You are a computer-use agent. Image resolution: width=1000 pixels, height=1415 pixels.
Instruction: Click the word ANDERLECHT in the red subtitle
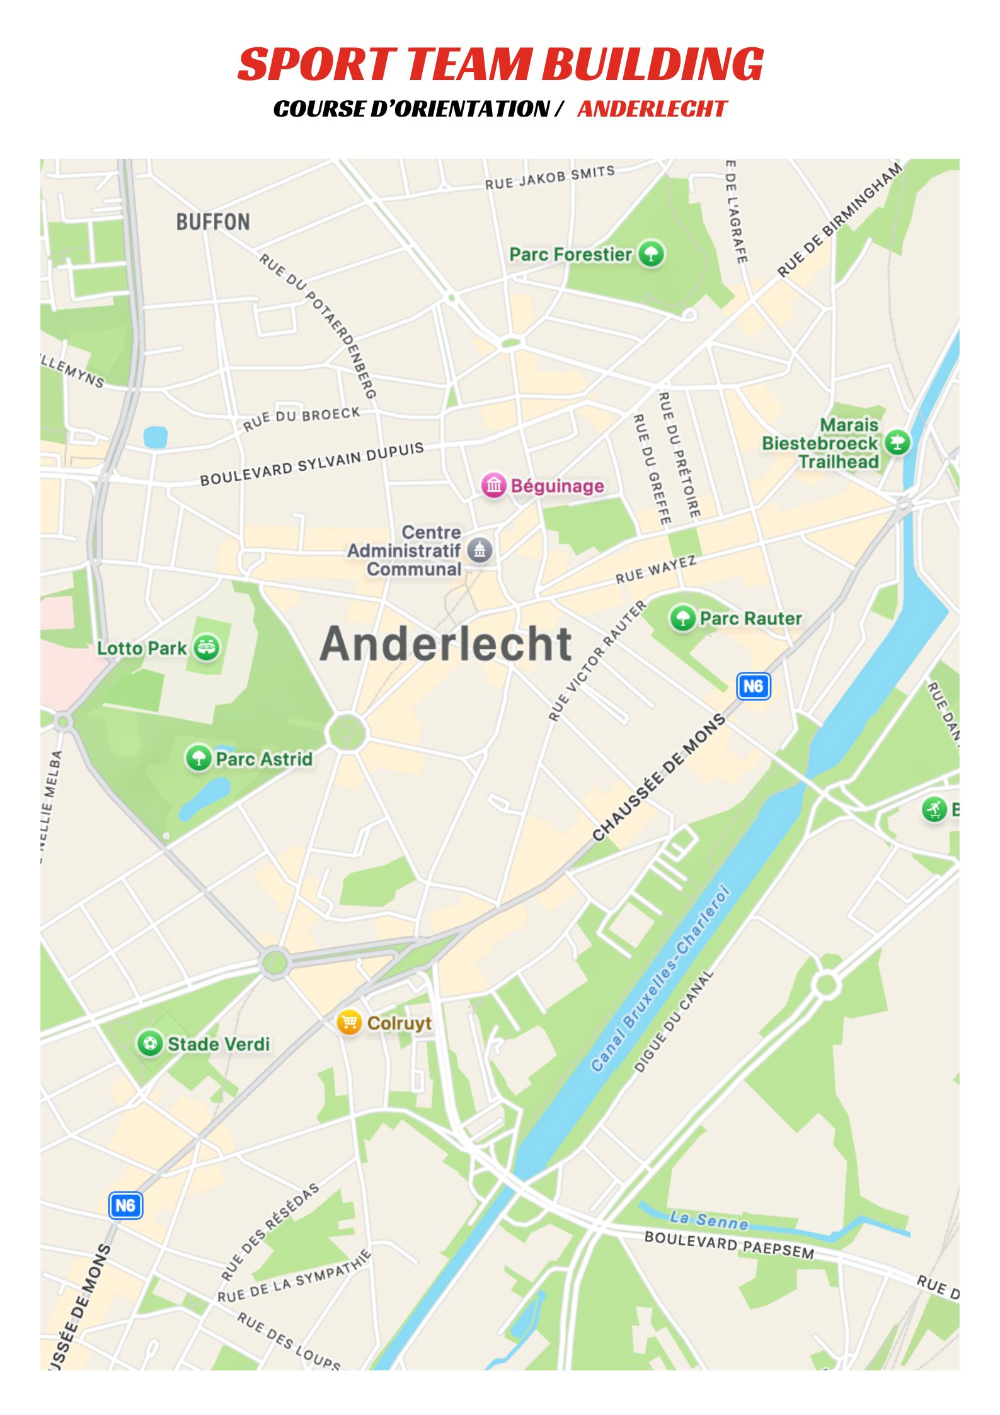pyautogui.click(x=652, y=109)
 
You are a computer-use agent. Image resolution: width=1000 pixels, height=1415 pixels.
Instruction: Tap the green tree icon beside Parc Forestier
pyautogui.click(x=651, y=254)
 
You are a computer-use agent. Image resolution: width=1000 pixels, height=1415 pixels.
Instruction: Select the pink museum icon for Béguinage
pyautogui.click(x=493, y=485)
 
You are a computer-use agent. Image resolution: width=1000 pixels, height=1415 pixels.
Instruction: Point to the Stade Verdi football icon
pyautogui.click(x=149, y=1044)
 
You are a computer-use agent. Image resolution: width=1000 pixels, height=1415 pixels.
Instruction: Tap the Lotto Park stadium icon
pyautogui.click(x=206, y=647)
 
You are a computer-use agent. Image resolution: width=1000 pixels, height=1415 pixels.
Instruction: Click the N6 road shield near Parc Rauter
pyautogui.click(x=753, y=686)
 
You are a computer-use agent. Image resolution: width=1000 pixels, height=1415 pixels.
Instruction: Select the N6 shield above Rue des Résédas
pyautogui.click(x=125, y=1205)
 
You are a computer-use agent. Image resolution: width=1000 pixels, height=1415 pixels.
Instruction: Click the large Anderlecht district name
pyautogui.click(x=445, y=644)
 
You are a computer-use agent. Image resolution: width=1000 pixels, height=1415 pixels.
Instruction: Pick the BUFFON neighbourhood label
pyautogui.click(x=213, y=222)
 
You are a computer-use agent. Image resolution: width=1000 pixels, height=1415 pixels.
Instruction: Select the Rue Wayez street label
pyautogui.click(x=655, y=570)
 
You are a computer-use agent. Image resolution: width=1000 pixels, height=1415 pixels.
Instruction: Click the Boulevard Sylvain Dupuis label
pyautogui.click(x=312, y=465)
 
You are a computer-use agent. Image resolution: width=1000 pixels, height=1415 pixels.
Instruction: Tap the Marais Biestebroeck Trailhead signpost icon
pyautogui.click(x=897, y=442)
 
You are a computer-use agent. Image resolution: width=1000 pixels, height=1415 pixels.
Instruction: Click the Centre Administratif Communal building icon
pyautogui.click(x=480, y=550)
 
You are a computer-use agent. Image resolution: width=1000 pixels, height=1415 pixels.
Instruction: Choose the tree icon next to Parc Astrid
pyautogui.click(x=198, y=758)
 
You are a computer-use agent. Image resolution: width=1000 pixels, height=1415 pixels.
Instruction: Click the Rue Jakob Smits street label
pyautogui.click(x=549, y=178)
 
